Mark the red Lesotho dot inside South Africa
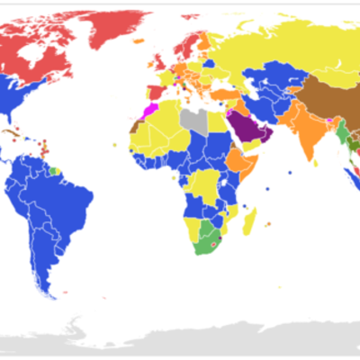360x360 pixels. tap(212, 242)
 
